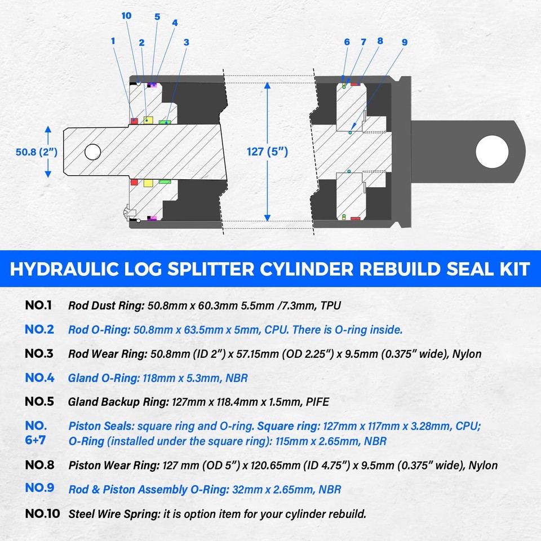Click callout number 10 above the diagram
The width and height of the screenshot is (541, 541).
(126, 16)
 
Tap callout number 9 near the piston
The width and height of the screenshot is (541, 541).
(405, 42)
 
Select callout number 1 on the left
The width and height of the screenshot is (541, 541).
(113, 41)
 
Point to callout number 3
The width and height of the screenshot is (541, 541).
(186, 42)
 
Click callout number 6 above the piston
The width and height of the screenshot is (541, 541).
(347, 42)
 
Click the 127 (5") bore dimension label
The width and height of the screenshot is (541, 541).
(267, 151)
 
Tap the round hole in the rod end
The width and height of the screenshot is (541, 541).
(92, 151)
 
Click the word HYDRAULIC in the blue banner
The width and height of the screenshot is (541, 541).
(65, 268)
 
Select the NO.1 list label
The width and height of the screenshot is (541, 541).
(39, 306)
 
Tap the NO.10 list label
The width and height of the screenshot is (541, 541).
(42, 514)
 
